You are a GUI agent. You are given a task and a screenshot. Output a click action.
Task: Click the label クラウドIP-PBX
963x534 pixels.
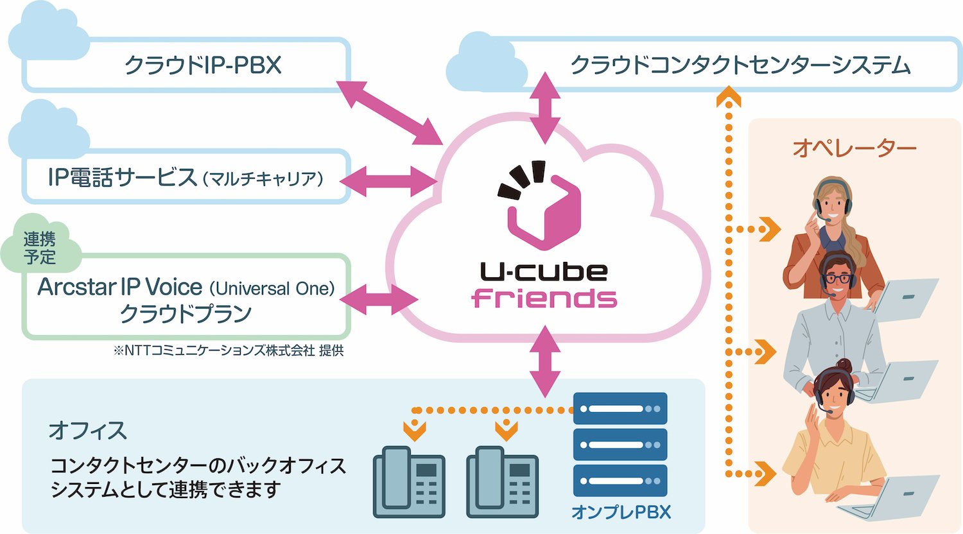point(202,65)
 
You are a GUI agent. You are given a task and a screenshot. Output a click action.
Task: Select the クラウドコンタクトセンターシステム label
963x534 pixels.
point(740,65)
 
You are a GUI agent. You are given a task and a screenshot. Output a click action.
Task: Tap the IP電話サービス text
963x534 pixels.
point(122,177)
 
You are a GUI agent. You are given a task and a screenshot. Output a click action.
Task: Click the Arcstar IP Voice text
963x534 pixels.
point(120,287)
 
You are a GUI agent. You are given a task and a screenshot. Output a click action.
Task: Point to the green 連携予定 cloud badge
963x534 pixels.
point(40,248)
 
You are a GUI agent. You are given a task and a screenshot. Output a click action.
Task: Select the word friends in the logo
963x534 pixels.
point(544,298)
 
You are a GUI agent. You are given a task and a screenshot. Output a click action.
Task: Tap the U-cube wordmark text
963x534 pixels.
point(544,271)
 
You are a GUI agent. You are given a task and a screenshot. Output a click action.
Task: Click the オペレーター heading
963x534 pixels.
point(854,148)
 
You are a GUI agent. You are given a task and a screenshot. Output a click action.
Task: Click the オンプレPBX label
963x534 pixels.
point(621,512)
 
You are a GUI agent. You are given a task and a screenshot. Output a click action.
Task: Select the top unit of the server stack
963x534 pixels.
point(620,409)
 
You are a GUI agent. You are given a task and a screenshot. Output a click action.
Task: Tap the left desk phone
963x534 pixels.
point(409,481)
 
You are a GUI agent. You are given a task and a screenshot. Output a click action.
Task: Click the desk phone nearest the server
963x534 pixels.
point(502,481)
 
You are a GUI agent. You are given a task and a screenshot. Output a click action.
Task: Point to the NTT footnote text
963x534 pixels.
point(229,351)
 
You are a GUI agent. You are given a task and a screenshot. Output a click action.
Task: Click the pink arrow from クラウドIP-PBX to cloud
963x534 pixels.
point(388,112)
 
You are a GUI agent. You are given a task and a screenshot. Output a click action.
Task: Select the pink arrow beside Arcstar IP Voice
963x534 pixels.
point(378,298)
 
